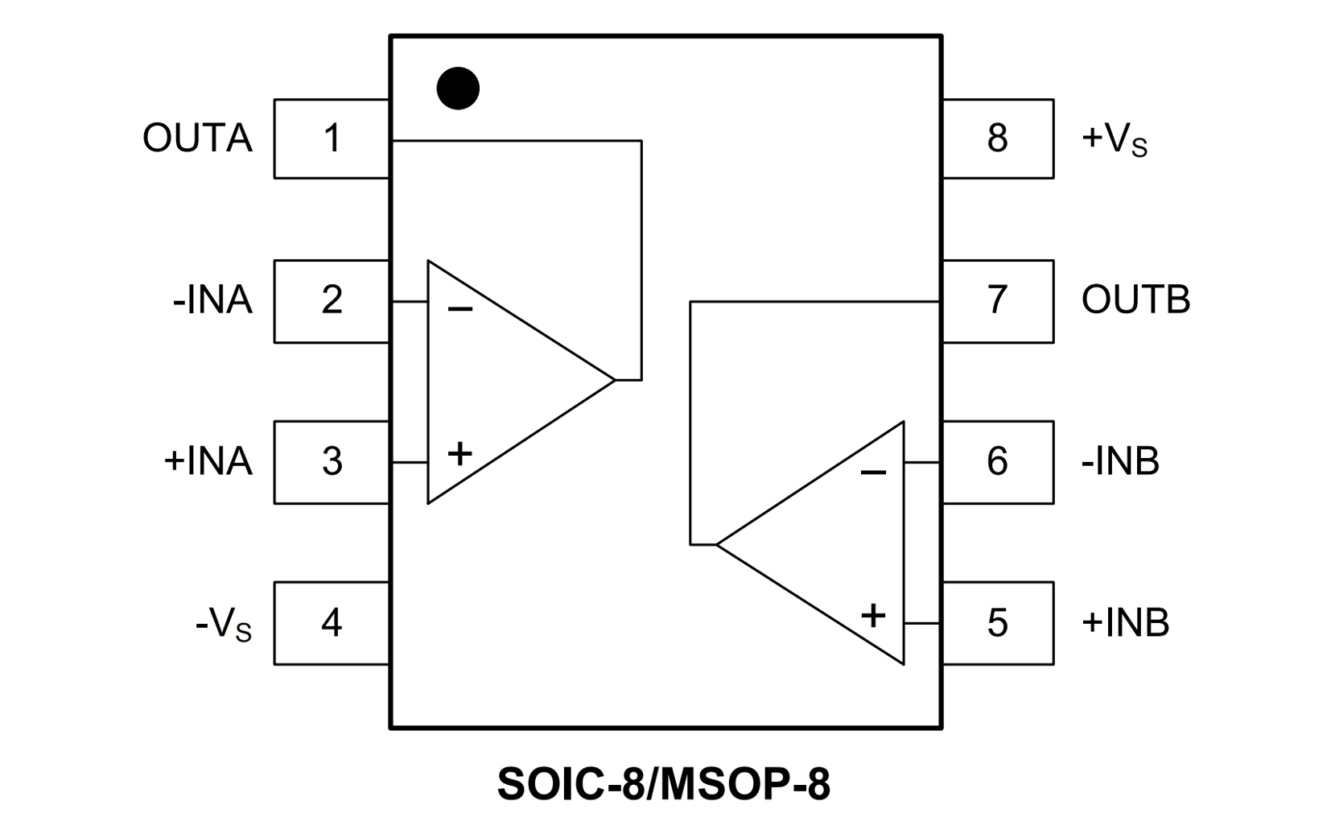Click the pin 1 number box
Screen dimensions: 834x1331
(x=332, y=138)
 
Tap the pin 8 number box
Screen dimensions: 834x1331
(x=998, y=138)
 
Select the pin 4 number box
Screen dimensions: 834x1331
(x=332, y=623)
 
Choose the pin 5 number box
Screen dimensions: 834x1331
(x=998, y=623)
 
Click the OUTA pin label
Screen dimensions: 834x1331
(x=197, y=138)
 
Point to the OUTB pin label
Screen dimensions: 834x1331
(x=1135, y=300)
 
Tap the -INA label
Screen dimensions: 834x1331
(x=212, y=300)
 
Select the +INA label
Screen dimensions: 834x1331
(x=208, y=461)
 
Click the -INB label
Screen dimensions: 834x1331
(x=1120, y=461)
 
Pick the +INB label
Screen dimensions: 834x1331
(x=1125, y=623)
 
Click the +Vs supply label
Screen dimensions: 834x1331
(x=1115, y=139)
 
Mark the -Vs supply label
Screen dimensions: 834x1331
(x=223, y=625)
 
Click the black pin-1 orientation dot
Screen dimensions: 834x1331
(x=458, y=88)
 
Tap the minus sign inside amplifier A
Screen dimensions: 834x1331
(x=460, y=309)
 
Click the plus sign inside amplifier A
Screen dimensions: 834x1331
(x=459, y=454)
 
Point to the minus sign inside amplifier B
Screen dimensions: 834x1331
(x=873, y=472)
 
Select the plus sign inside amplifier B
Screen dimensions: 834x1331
(x=873, y=616)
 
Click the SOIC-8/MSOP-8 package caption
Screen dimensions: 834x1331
(x=664, y=784)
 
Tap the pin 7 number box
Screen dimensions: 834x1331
(x=998, y=300)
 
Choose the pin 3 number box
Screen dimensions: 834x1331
(x=332, y=461)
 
